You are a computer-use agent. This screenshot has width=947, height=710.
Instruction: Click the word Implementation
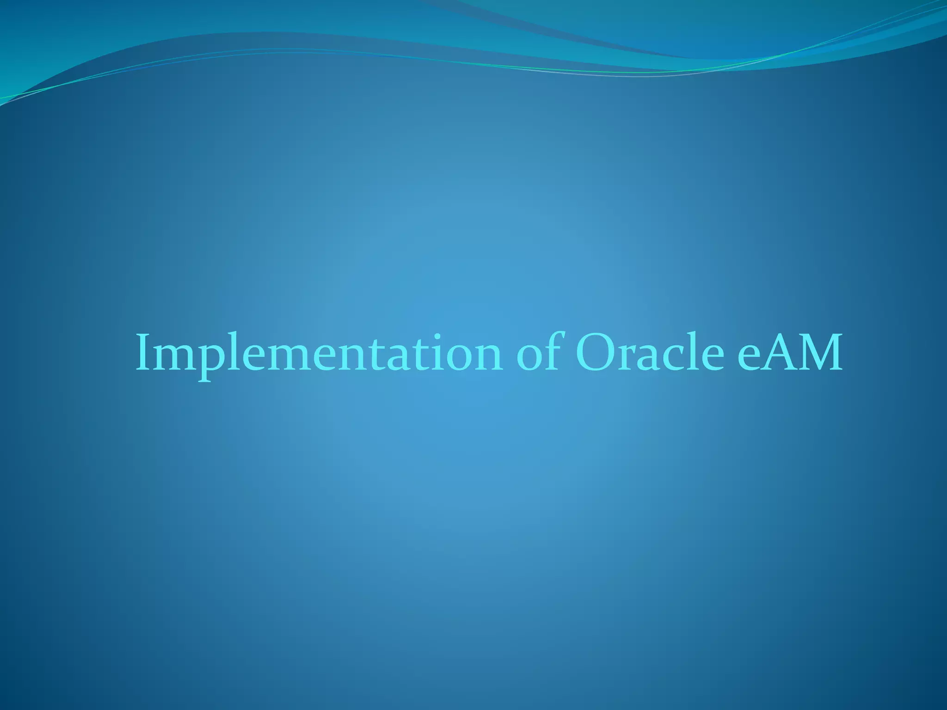coord(319,354)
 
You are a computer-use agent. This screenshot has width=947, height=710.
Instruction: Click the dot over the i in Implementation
coord(437,336)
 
